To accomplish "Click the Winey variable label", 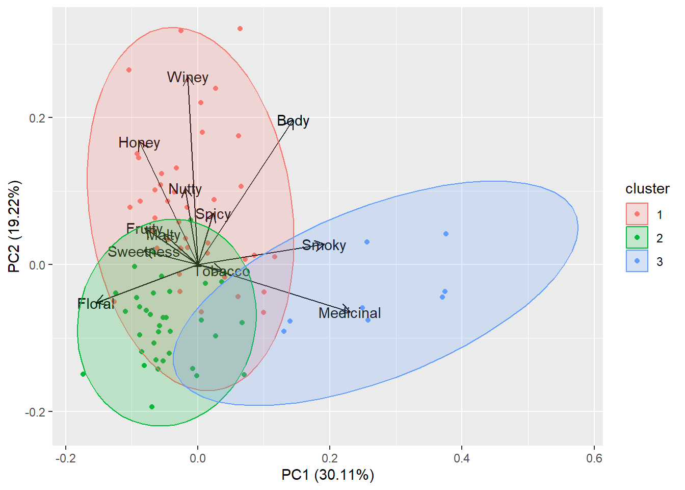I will pos(188,78).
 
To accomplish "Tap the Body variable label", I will pos(293,121).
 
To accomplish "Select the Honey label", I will pos(139,143).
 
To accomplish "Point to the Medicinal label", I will pos(350,313).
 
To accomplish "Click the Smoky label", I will pos(324,246).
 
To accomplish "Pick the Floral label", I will pos(96,304).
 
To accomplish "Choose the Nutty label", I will pos(185,189).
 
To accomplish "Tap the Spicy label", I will pos(213,214).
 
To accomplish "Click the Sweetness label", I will pos(144,252).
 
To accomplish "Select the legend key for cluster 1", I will pos(637,214).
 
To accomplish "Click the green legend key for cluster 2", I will pos(637,237).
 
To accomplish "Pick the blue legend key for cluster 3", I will pos(637,261).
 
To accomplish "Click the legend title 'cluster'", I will pos(647,189).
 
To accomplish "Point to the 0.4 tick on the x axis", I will pos(462,458).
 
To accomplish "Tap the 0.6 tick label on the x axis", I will pos(594,458).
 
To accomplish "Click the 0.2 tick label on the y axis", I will pos(37,118).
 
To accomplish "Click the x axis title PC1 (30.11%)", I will pos(328,475).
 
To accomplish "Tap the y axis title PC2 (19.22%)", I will pos(14,226).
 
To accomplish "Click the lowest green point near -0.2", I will pos(152,407).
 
